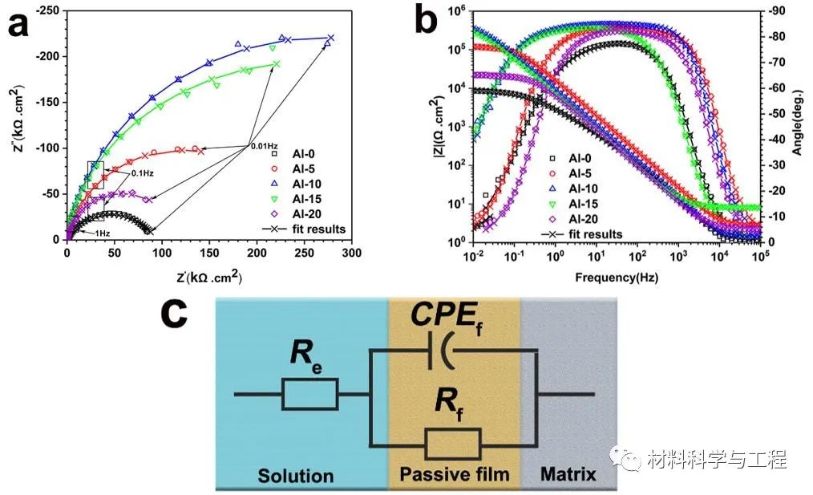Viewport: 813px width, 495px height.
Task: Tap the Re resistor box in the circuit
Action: [x=309, y=395]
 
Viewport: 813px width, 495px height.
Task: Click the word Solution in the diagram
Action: [x=295, y=475]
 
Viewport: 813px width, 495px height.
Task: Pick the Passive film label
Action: [x=454, y=474]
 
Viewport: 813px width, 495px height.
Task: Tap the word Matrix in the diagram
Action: [x=568, y=474]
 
